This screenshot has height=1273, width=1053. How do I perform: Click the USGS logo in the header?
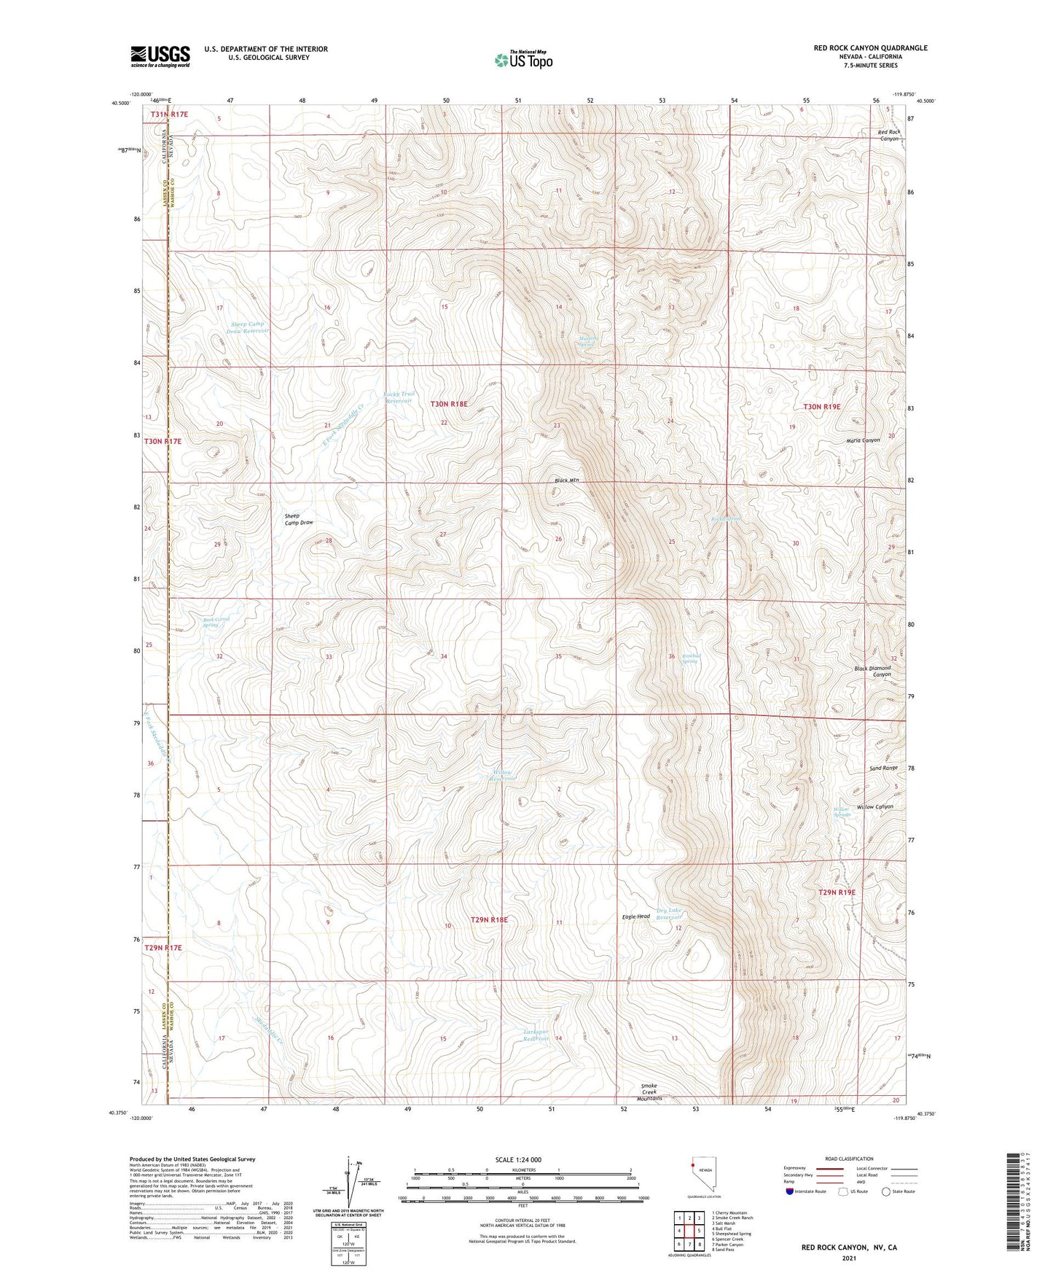click(160, 56)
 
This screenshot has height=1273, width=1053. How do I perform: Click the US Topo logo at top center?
click(523, 60)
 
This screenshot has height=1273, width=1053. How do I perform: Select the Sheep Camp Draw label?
click(299, 519)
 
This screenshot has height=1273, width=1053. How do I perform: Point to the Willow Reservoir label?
click(502, 775)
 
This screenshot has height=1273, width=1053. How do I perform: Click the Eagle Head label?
click(635, 916)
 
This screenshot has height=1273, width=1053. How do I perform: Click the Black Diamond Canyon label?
click(872, 671)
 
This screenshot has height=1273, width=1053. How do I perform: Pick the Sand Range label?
click(883, 768)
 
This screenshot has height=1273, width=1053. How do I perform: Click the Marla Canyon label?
click(863, 440)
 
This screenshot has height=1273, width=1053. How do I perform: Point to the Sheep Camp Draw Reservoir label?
click(247, 327)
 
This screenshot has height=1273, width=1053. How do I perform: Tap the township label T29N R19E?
click(837, 892)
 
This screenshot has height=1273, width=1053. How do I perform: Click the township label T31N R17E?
click(169, 114)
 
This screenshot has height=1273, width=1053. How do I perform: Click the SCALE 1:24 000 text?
click(518, 1159)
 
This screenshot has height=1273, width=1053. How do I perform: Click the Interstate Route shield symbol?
click(790, 1191)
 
